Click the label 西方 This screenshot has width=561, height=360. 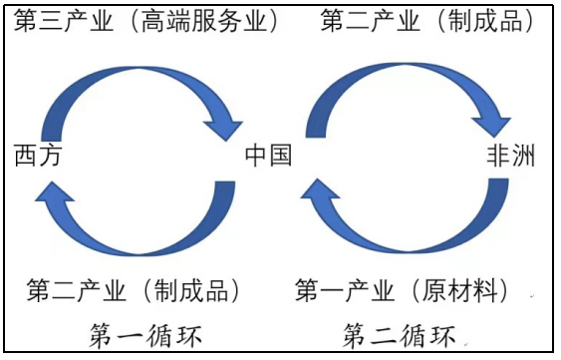coord(38,156)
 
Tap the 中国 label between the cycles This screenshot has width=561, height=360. coord(268,156)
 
